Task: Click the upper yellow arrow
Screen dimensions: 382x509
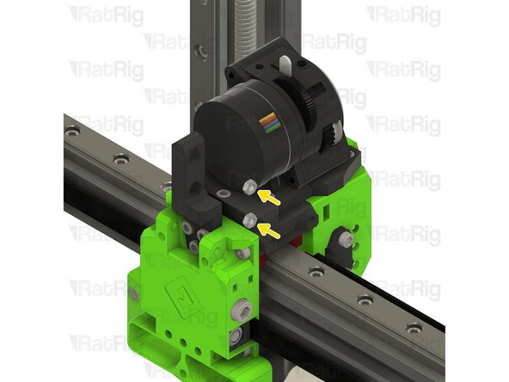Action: click(269, 197)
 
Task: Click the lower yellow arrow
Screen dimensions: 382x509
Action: click(270, 229)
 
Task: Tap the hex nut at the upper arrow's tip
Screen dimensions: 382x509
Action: click(248, 187)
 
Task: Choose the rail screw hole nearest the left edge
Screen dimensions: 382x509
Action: click(73, 132)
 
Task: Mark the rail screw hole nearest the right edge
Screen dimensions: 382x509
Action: click(416, 327)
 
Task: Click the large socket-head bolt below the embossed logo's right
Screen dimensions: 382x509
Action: click(245, 309)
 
